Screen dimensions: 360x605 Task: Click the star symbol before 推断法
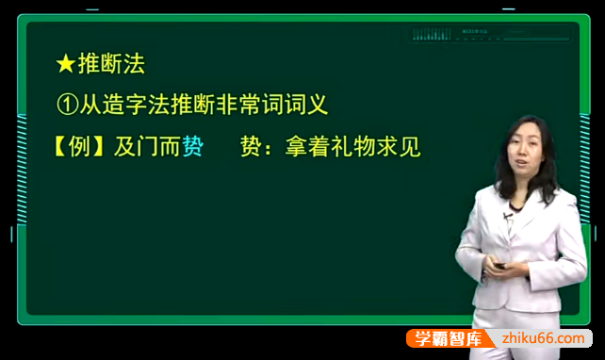click(x=65, y=64)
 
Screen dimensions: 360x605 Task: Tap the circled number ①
click(x=66, y=105)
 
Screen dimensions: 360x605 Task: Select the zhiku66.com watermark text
click(x=539, y=337)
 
